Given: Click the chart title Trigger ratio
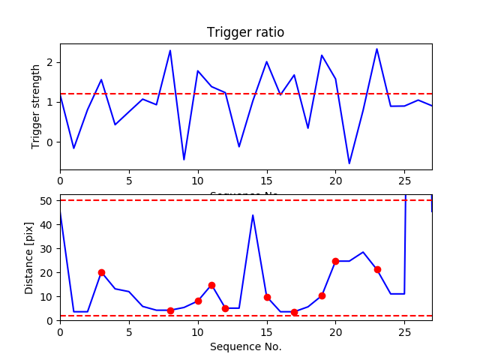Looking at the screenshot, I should click(245, 33).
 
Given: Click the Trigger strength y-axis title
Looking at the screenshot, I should click(36, 106).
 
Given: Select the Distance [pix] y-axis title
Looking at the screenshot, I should click(30, 257).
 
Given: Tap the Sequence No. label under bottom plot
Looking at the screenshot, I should click(245, 346).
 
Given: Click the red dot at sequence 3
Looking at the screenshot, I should click(101, 272).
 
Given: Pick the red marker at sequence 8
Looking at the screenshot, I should click(170, 310).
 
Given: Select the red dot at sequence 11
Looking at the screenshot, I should click(211, 285).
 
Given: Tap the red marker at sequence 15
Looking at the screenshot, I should click(267, 297).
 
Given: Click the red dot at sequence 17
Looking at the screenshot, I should click(294, 312).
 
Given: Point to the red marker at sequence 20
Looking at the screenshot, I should click(335, 261).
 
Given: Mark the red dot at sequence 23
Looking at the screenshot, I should click(377, 269).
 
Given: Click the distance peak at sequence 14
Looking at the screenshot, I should click(253, 215).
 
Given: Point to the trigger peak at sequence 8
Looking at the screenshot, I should click(170, 51).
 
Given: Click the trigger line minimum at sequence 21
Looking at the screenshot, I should click(349, 163).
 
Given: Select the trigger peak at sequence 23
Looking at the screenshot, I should click(376, 49).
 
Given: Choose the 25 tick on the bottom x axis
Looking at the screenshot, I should click(404, 331).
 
